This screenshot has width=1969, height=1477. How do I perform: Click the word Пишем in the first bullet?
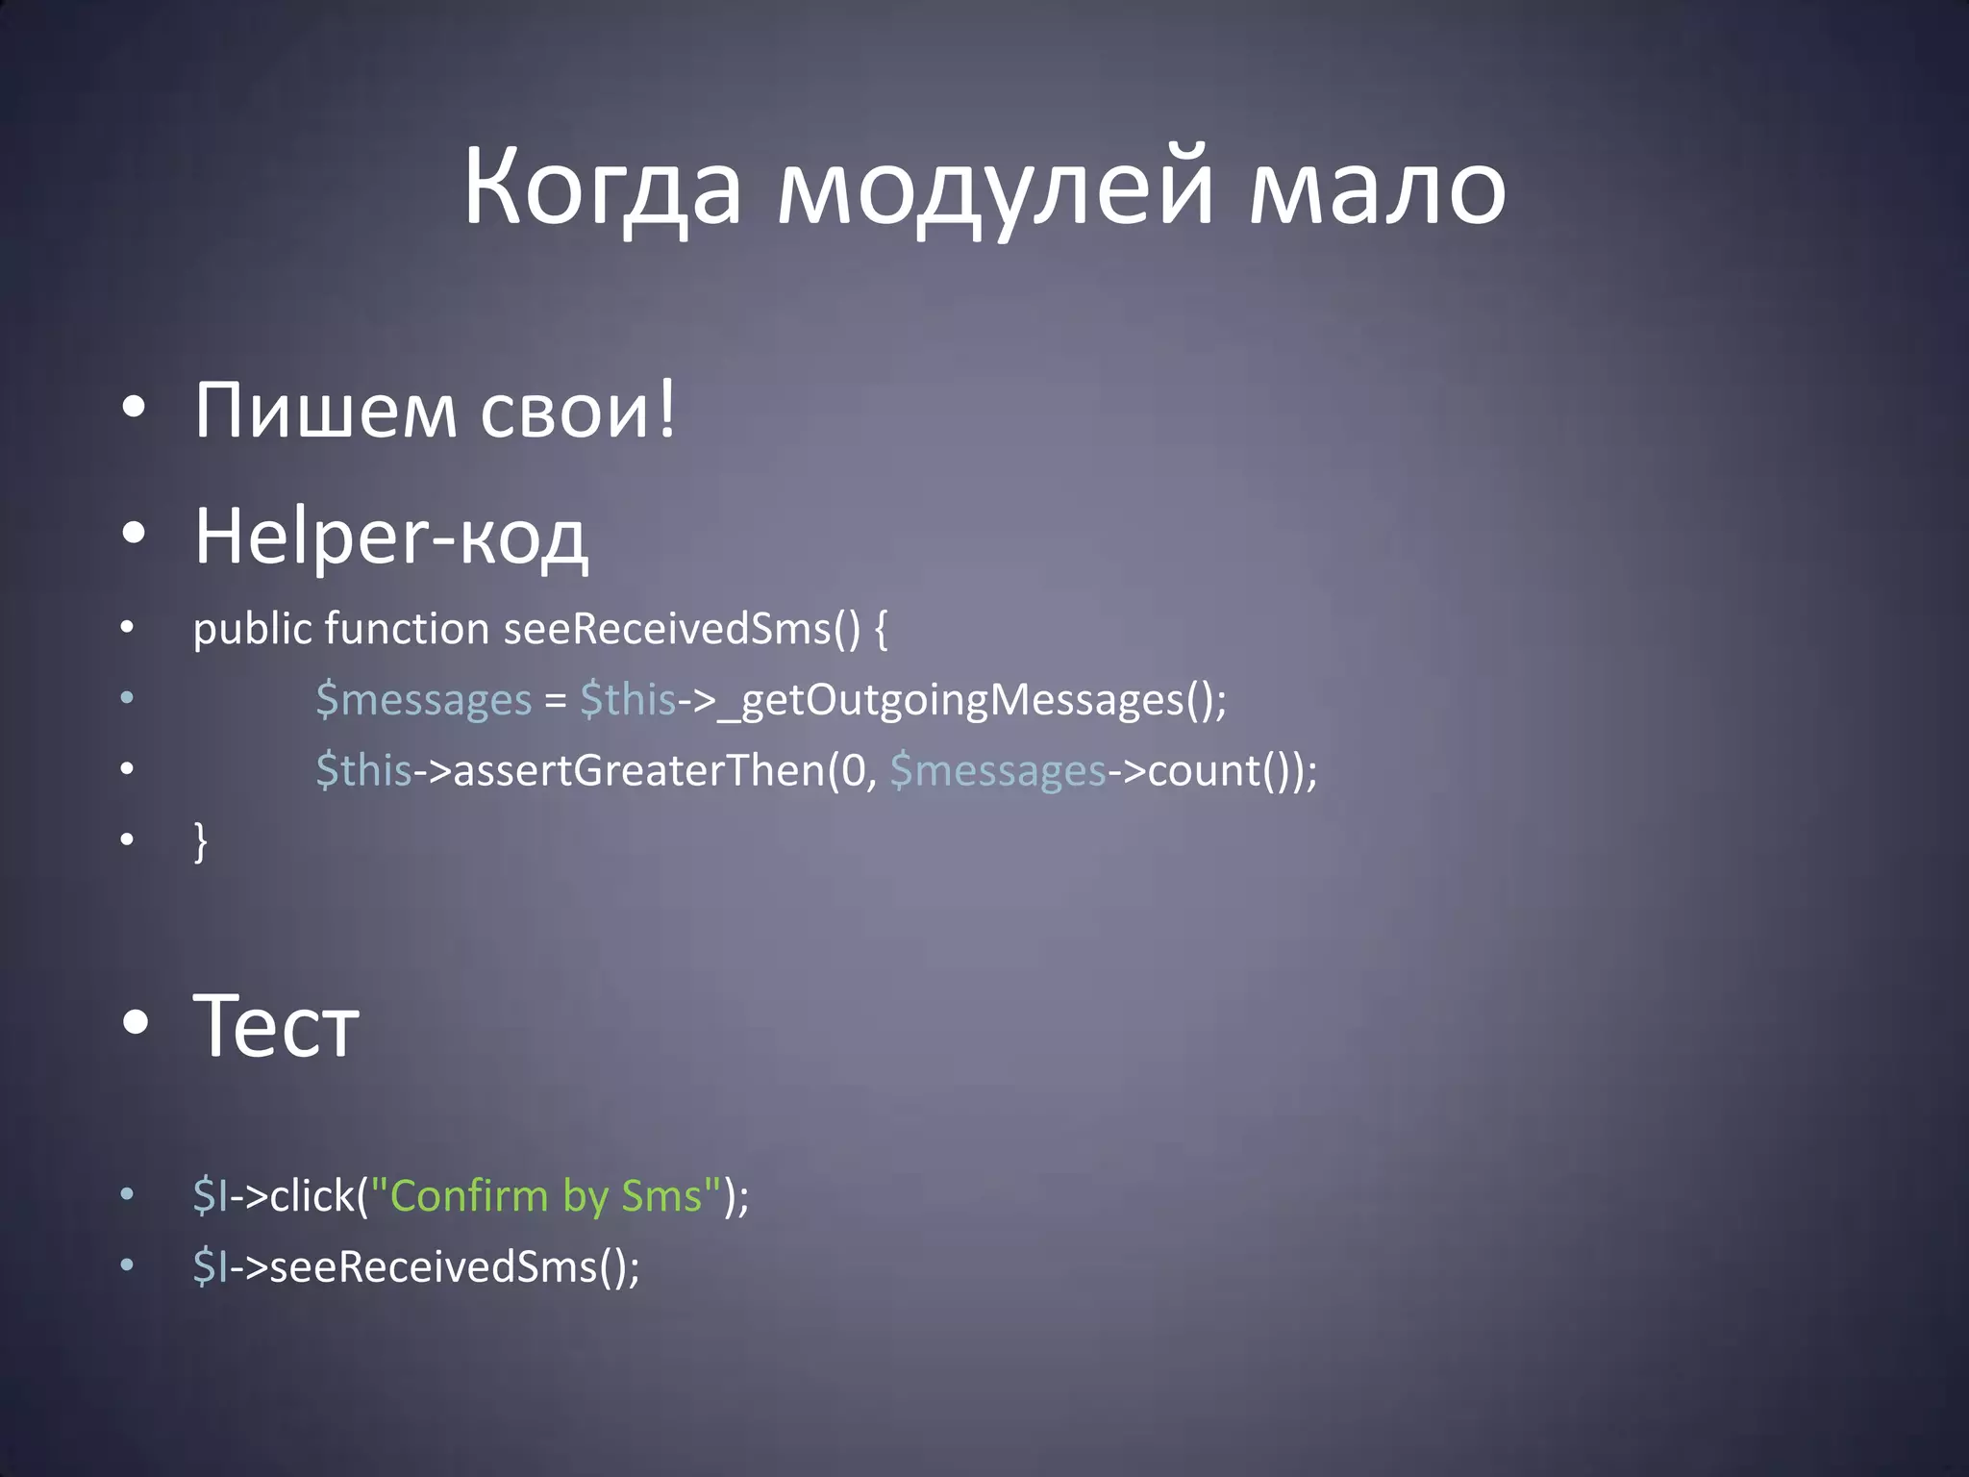point(325,411)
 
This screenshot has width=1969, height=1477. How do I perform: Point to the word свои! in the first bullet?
point(578,411)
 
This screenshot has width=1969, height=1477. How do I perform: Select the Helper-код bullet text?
point(390,537)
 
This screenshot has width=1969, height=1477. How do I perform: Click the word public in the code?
point(252,630)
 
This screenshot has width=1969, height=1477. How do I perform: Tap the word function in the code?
point(407,630)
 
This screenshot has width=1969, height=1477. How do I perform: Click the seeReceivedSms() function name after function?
point(682,630)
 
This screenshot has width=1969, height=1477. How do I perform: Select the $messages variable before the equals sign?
point(423,700)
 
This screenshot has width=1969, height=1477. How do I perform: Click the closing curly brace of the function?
point(200,841)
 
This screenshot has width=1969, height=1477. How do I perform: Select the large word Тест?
point(276,1026)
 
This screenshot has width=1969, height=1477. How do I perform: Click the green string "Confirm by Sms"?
point(545,1196)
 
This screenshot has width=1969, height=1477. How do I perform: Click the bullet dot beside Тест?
point(136,1023)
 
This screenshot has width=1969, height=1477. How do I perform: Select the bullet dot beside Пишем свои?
point(134,409)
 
